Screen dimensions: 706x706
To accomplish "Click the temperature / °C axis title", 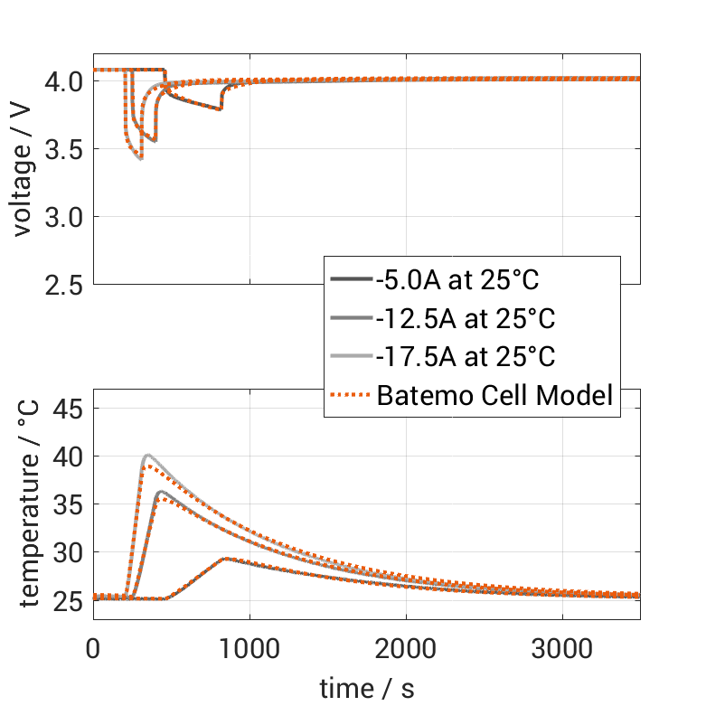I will click(x=29, y=504).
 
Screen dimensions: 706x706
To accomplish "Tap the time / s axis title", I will click(x=367, y=689).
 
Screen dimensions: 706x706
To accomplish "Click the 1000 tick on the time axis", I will click(x=249, y=649).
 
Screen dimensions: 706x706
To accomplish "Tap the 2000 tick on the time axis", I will click(x=406, y=649).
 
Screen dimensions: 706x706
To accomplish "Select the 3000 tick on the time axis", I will click(x=562, y=649).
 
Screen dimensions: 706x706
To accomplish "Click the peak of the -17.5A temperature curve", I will click(x=147, y=455).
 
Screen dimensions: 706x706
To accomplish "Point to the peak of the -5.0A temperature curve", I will click(x=225, y=559).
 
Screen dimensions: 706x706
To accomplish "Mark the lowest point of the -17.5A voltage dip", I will click(x=140, y=159).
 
